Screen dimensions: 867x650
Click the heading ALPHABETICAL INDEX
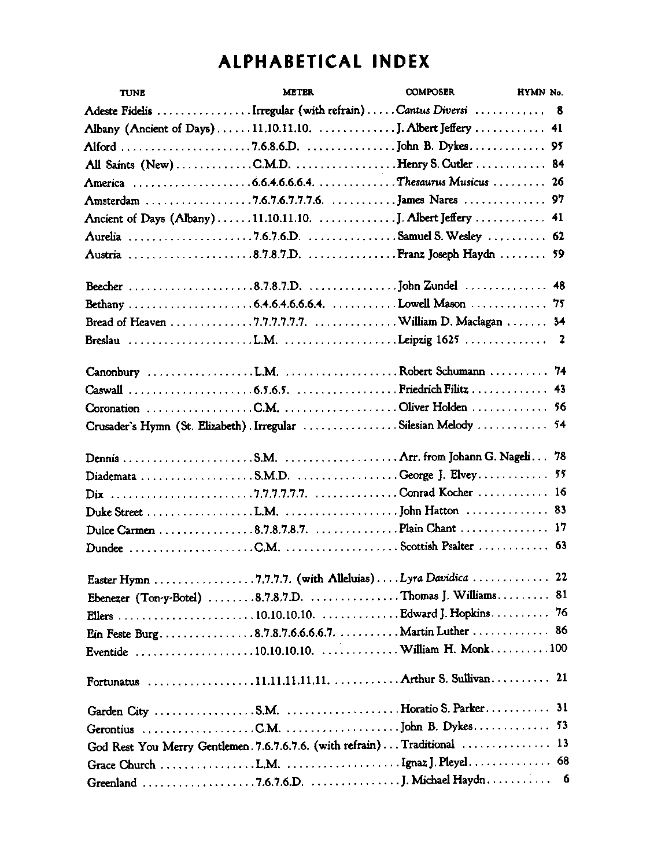[x=324, y=62]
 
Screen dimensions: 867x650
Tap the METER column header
[x=298, y=92]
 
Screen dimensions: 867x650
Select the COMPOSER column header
[x=430, y=92]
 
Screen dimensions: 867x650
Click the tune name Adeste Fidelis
[x=118, y=111]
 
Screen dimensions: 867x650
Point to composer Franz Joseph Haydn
[x=446, y=254]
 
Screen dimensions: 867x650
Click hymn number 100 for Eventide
[x=558, y=648]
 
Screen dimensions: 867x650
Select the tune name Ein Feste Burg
[x=121, y=634]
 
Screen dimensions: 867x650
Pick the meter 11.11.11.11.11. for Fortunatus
[x=293, y=681]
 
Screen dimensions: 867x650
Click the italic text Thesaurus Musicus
[x=442, y=183]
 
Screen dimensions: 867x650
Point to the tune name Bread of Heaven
[x=125, y=322]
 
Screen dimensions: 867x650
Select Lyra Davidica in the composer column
[x=434, y=578]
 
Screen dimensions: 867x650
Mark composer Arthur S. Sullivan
[x=445, y=678]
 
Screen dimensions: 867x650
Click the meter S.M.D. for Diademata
[x=272, y=476]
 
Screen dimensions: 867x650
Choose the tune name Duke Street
[x=114, y=512]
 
